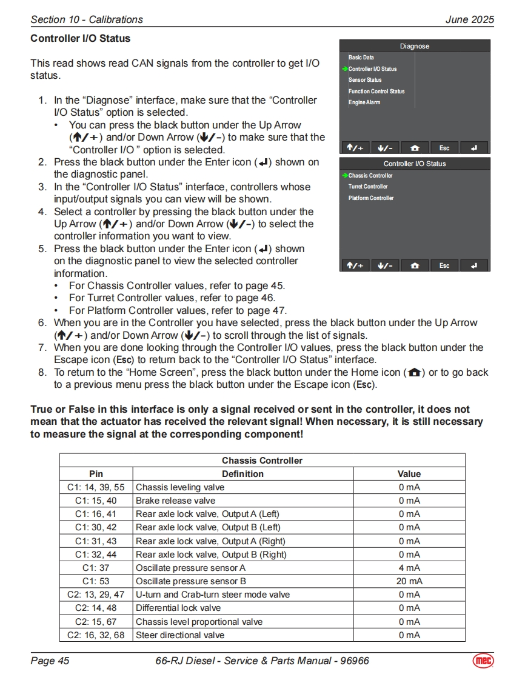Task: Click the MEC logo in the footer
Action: (483, 661)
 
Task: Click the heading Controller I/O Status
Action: (80, 38)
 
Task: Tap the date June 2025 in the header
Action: (469, 19)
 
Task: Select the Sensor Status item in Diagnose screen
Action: (365, 80)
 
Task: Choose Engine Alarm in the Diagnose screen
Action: (364, 102)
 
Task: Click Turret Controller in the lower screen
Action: (368, 187)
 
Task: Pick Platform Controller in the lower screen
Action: (371, 198)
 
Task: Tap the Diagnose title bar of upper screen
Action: (415, 46)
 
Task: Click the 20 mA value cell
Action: (409, 581)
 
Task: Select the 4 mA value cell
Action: (409, 568)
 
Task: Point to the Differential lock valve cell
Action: (178, 608)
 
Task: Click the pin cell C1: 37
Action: (96, 568)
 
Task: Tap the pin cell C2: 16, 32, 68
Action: (96, 635)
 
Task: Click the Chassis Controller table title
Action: (262, 461)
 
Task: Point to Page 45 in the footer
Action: (50, 661)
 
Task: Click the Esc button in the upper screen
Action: (444, 148)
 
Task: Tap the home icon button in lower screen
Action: (415, 265)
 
